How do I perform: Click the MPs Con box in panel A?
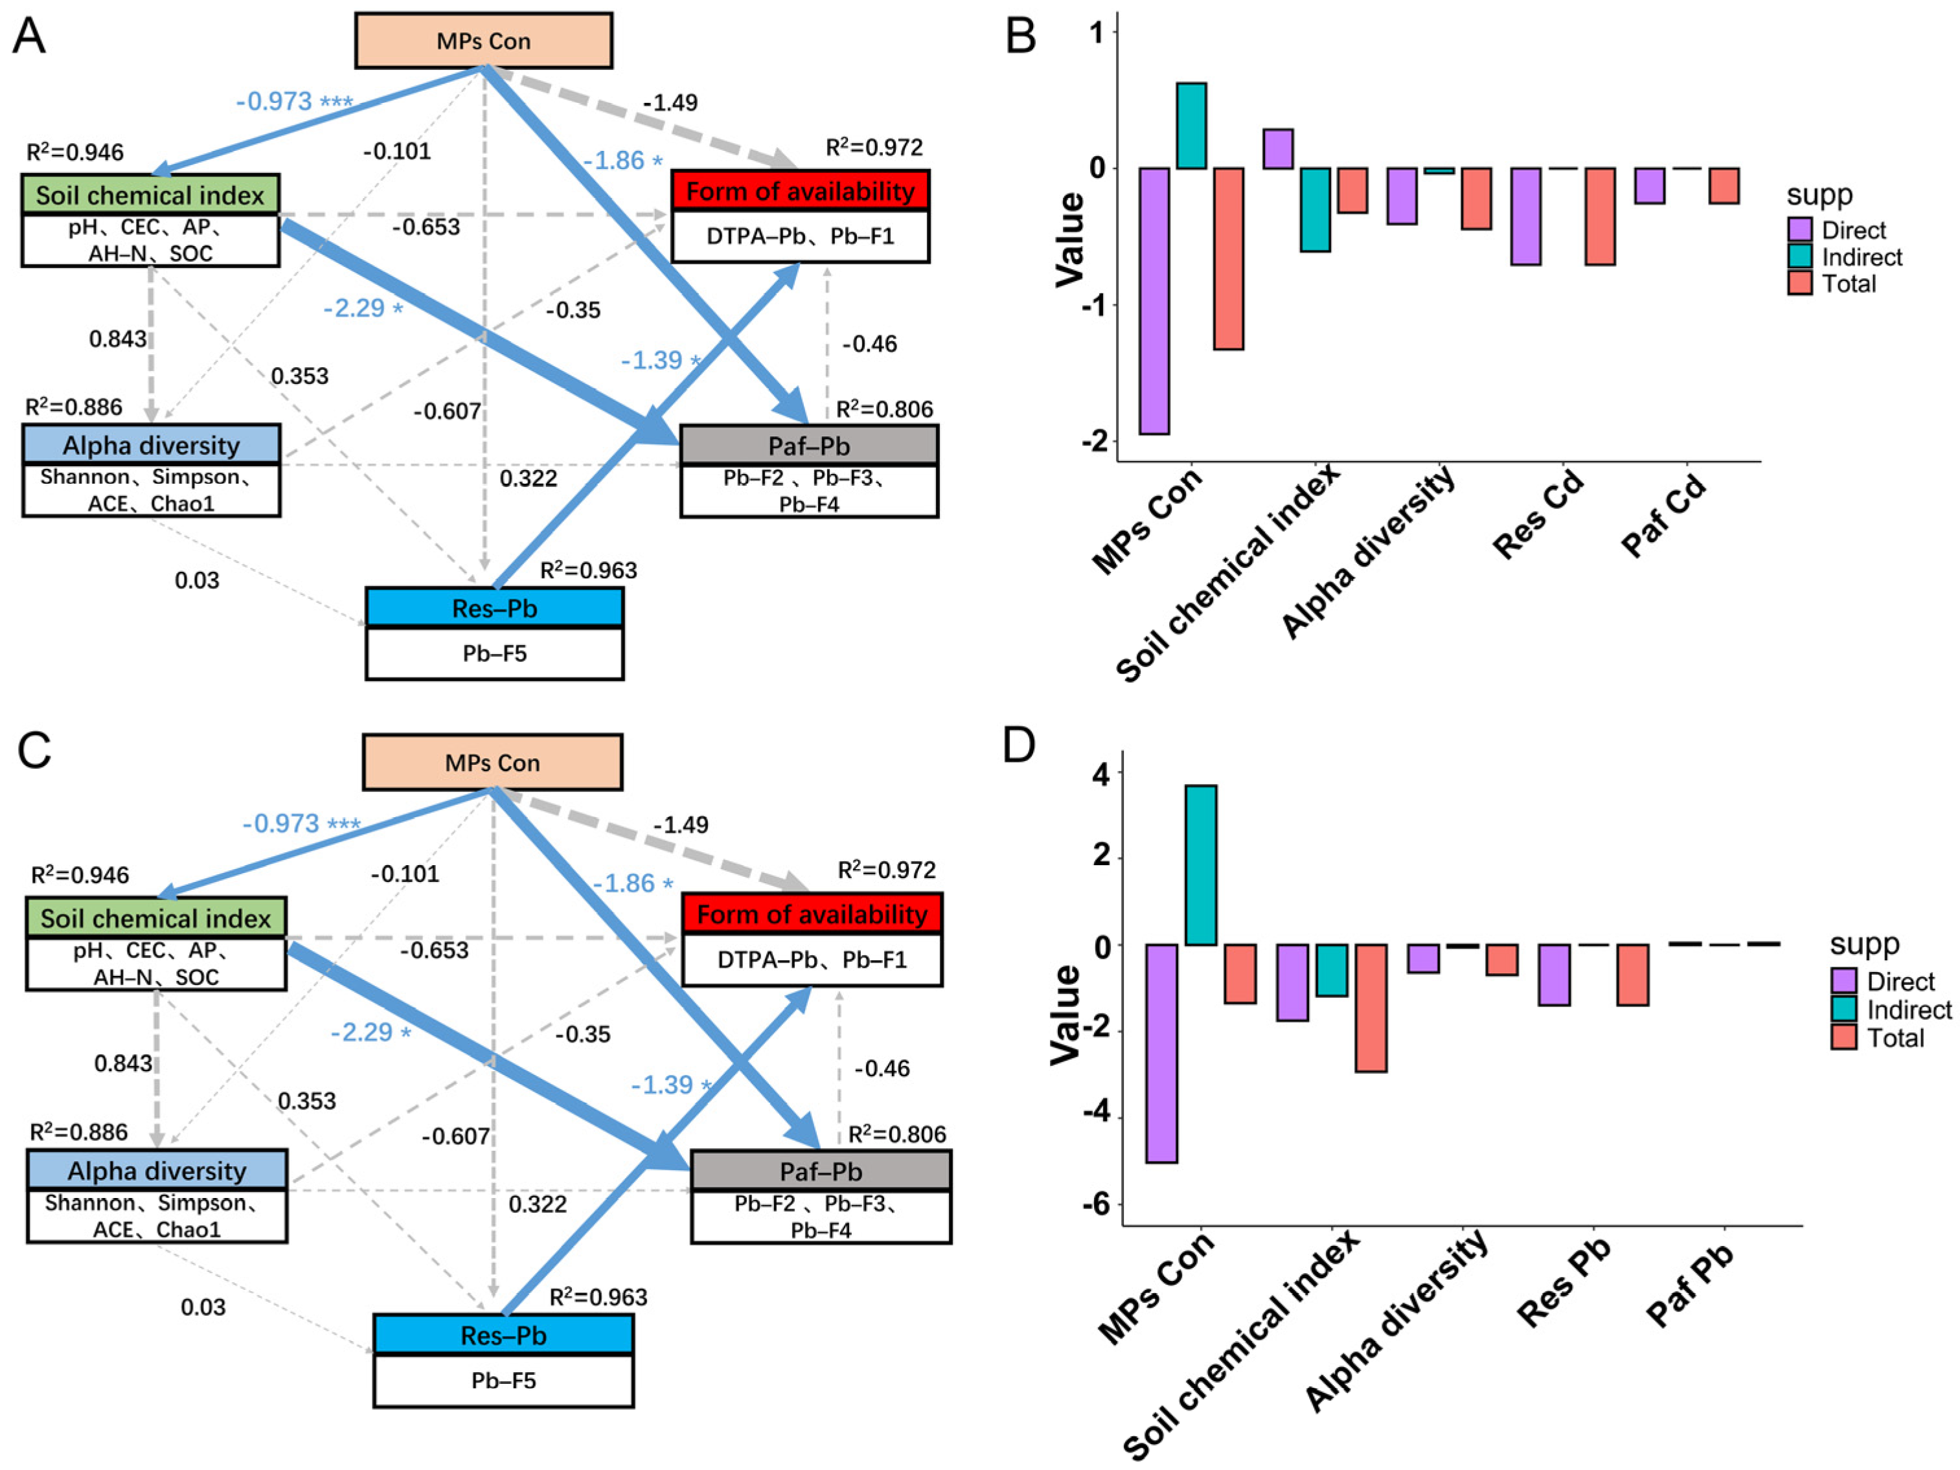click(x=483, y=41)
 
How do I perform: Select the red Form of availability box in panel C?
click(x=812, y=914)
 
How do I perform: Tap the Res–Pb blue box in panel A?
click(x=494, y=609)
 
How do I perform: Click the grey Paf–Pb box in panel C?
click(x=821, y=1171)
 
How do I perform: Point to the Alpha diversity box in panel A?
click(x=151, y=445)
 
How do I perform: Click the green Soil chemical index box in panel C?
click(x=156, y=918)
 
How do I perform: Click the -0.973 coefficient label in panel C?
click(x=301, y=824)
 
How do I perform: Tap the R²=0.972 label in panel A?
click(x=874, y=147)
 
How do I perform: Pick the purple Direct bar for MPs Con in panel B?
click(x=1154, y=300)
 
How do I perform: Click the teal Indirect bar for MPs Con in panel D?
click(x=1201, y=865)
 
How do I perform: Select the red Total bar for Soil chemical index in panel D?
click(x=1371, y=1008)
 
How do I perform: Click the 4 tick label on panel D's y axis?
click(x=1100, y=774)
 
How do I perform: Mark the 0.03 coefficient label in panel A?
click(x=197, y=580)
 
